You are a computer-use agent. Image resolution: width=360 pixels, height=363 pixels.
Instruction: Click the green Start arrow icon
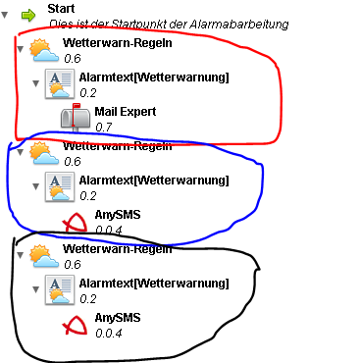click(28, 16)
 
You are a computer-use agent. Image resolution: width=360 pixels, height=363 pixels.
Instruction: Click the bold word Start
click(61, 9)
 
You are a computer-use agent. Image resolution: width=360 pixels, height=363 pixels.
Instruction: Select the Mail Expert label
click(126, 112)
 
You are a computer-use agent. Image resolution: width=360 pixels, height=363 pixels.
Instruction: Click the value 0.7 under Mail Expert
click(104, 127)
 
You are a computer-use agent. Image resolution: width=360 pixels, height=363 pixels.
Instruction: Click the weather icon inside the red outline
click(44, 50)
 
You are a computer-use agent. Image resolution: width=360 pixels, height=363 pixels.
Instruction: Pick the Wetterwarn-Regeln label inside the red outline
click(118, 43)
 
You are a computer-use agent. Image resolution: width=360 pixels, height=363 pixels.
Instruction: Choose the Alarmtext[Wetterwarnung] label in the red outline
click(154, 78)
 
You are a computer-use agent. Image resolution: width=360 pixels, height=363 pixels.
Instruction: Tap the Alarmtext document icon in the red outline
click(60, 83)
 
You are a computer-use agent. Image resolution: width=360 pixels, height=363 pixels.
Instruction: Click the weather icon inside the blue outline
click(44, 153)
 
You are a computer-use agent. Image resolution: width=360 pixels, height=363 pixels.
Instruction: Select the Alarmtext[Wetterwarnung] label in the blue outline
click(154, 181)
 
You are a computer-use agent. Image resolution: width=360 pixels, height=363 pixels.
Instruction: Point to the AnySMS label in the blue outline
click(118, 215)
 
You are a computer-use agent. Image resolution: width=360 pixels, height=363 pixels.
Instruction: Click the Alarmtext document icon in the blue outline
click(60, 186)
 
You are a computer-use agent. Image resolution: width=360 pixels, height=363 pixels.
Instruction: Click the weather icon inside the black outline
click(44, 256)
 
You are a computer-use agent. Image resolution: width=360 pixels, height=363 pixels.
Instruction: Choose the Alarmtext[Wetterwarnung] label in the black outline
click(154, 284)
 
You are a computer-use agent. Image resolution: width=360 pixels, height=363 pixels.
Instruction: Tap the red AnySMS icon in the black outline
click(75, 325)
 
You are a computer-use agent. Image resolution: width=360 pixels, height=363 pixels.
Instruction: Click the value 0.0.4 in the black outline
click(109, 334)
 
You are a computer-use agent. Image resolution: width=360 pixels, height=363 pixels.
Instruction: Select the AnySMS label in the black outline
click(118, 318)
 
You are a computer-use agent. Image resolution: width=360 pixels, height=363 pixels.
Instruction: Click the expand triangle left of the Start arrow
click(5, 15)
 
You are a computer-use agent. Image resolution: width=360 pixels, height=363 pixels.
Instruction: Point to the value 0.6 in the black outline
click(73, 264)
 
